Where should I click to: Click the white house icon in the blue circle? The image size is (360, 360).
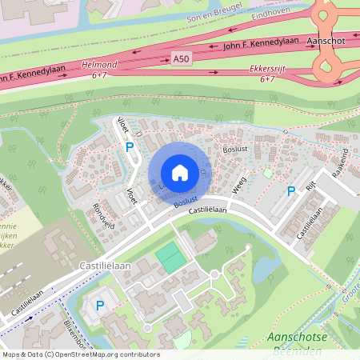pos(179,172)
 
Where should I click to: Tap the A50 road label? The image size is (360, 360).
pos(182,58)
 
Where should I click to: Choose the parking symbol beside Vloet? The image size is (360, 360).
pos(128,146)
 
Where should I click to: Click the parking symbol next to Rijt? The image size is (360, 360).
pos(291,190)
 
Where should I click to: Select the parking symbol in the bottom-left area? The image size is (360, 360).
pos(100,305)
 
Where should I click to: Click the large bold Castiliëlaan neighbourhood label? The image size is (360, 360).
pos(99,262)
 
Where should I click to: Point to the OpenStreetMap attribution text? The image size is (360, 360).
pos(80,354)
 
